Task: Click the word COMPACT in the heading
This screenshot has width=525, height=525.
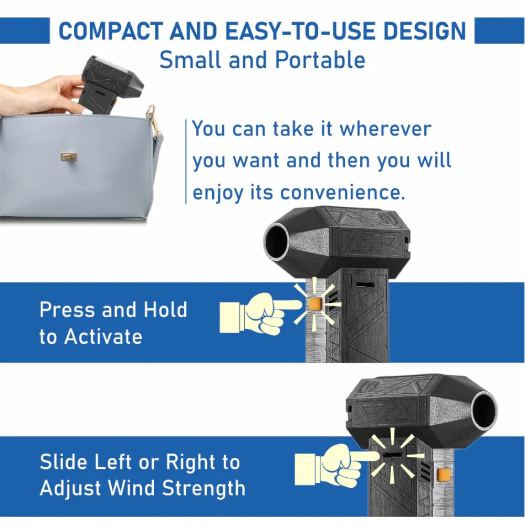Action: point(111,31)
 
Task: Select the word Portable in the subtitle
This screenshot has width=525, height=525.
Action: point(320,60)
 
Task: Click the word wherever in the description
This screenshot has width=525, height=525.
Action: point(385,129)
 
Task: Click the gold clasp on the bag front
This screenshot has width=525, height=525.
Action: point(69,156)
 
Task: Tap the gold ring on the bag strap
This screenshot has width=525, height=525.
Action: point(151,111)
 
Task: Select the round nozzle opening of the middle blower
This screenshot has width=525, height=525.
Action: point(277,241)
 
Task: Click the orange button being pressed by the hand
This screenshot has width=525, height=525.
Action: point(314,303)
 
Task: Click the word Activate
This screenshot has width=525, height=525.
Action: point(103,337)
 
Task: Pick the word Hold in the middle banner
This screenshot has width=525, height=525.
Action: point(165,309)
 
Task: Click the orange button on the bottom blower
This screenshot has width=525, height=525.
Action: point(444,474)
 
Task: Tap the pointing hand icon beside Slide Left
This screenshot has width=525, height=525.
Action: point(337,465)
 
